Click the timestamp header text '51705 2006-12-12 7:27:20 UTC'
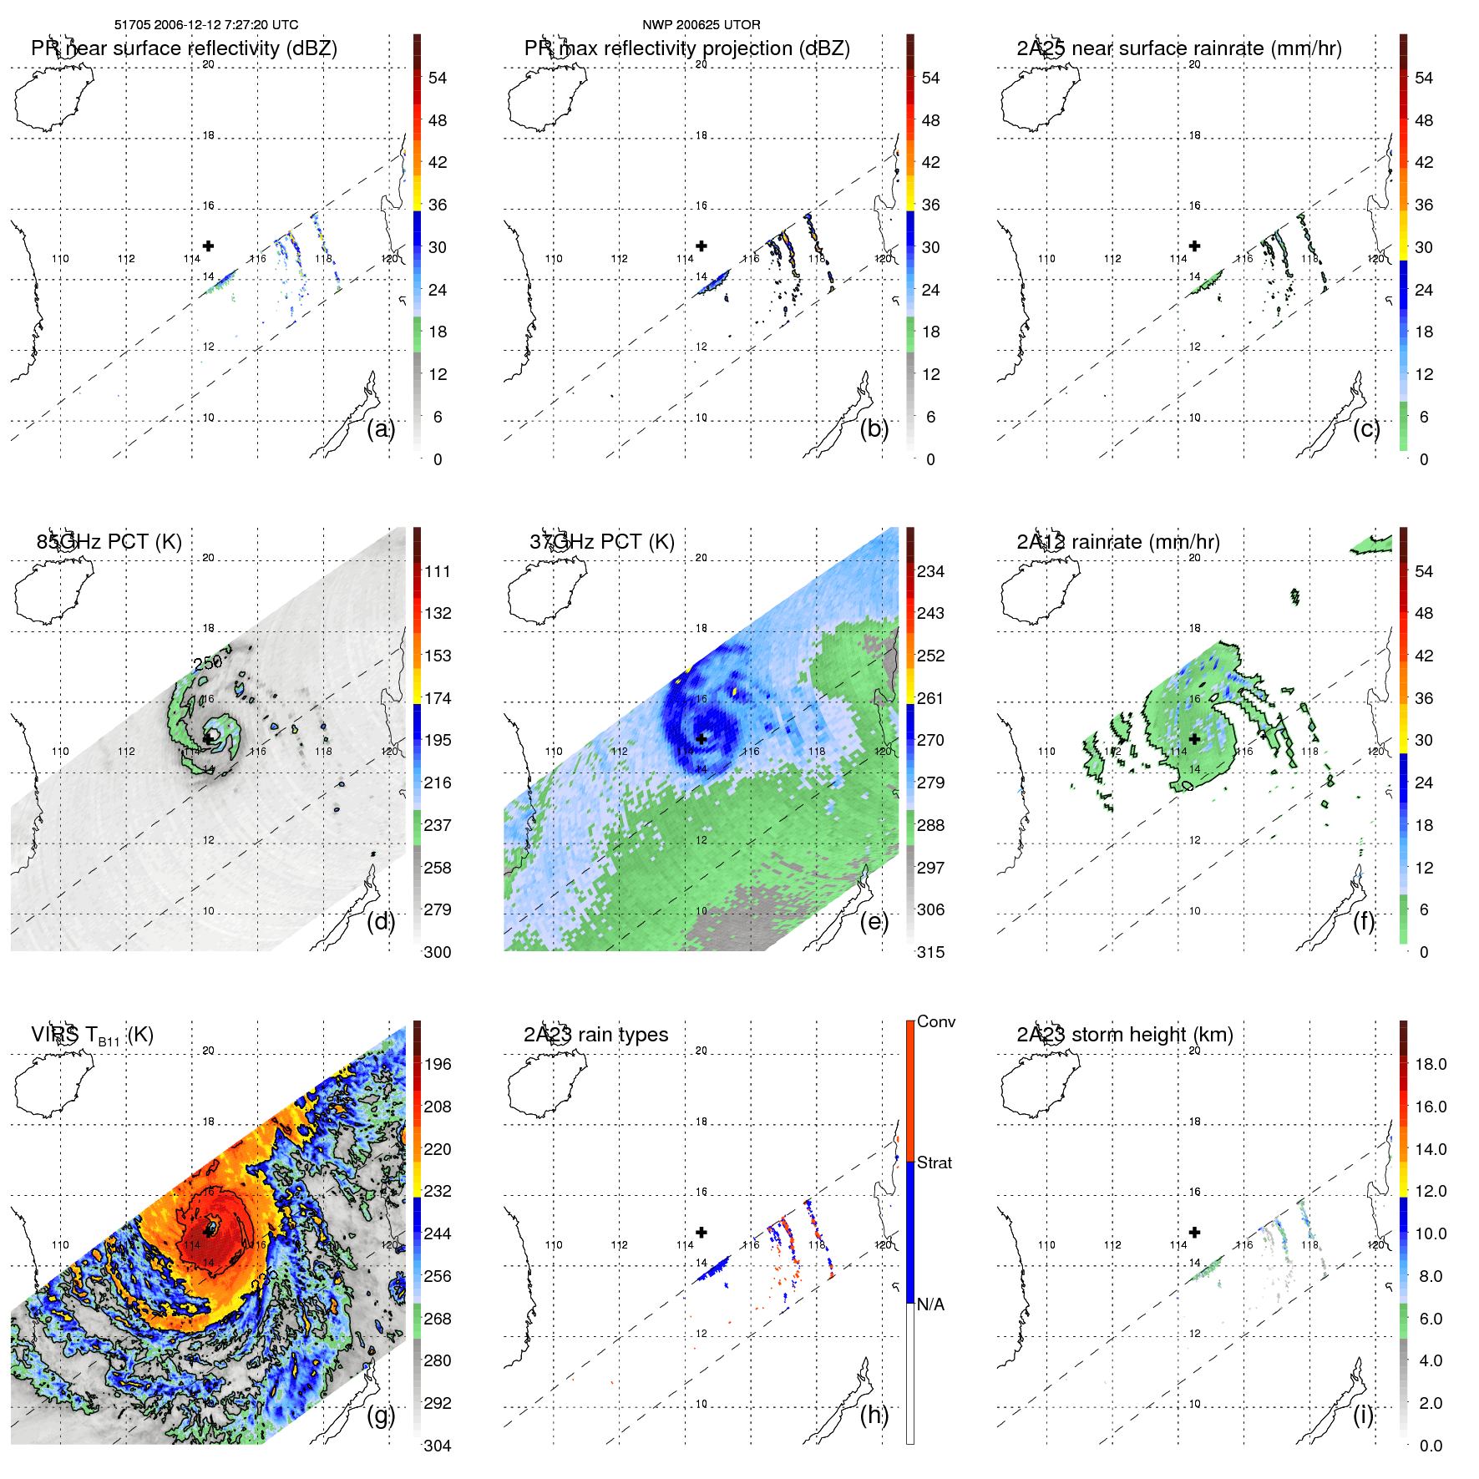(x=205, y=25)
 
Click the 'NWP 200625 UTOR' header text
(x=701, y=25)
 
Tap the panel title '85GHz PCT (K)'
(x=109, y=542)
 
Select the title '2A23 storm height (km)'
(x=1124, y=1035)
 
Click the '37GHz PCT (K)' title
(x=601, y=542)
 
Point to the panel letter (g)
(x=380, y=1415)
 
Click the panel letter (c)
(x=1366, y=428)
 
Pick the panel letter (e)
(x=874, y=921)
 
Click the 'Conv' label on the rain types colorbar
(x=935, y=1021)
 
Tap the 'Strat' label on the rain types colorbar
(x=934, y=1162)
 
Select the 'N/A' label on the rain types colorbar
(x=930, y=1304)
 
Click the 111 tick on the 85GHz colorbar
(x=438, y=571)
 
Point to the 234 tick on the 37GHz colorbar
(x=930, y=571)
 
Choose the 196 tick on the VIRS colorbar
(x=438, y=1064)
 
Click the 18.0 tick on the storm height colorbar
(x=1430, y=1064)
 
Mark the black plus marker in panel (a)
(x=208, y=246)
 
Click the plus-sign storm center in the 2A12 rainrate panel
(x=1194, y=739)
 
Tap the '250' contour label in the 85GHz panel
(x=208, y=662)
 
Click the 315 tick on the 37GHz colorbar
(x=930, y=952)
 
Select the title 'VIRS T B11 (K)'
(x=92, y=1036)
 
